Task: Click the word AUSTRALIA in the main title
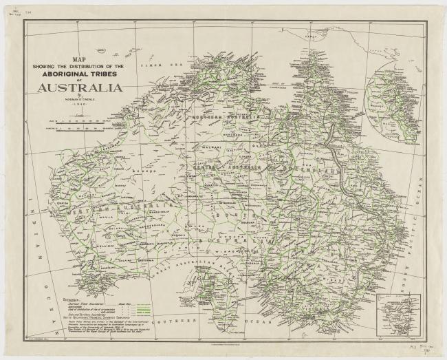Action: point(80,87)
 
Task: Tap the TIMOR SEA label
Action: point(155,65)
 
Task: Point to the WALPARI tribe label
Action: point(219,147)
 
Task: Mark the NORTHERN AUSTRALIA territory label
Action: point(227,118)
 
